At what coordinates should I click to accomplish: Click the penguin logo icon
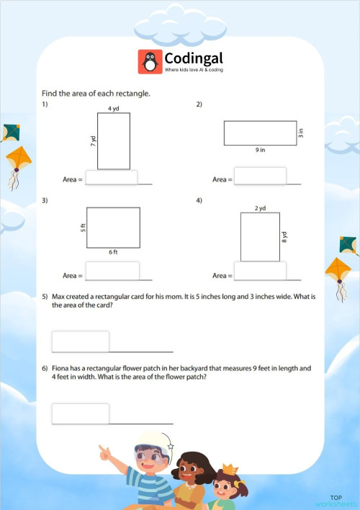[x=150, y=61]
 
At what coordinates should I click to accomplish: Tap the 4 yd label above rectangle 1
[x=113, y=108]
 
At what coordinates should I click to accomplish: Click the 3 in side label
[x=301, y=133]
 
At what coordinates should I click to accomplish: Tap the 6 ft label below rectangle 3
[x=113, y=251]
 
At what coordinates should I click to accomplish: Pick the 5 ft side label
[x=83, y=227]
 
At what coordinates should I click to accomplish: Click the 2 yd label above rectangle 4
[x=260, y=208]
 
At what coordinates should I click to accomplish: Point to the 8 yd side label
[x=285, y=237]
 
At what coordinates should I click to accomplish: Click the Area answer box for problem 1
[x=112, y=177]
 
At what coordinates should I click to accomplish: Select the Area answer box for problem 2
[x=260, y=176]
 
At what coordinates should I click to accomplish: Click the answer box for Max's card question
[x=81, y=341]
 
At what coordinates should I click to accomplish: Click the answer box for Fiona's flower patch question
[x=81, y=413]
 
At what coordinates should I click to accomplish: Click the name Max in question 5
[x=59, y=297]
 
